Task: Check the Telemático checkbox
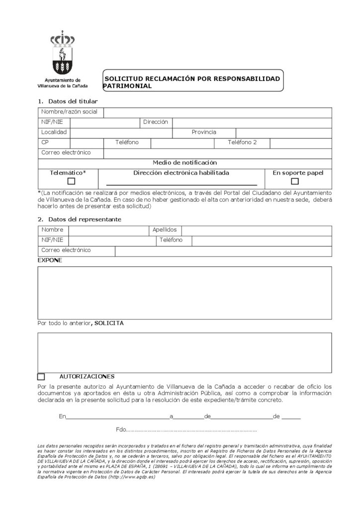(71, 181)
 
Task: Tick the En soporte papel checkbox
(295, 181)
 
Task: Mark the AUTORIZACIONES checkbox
(41, 377)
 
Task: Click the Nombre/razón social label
(70, 112)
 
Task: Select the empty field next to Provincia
(283, 133)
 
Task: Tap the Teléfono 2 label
(242, 143)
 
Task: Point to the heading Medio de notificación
(184, 163)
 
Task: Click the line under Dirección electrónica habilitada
(181, 184)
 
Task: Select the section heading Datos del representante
(85, 219)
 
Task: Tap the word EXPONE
(50, 260)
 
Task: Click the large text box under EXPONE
(184, 292)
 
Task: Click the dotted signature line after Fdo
(192, 430)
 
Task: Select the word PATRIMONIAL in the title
(127, 85)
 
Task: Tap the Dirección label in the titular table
(156, 122)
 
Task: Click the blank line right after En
(117, 417)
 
